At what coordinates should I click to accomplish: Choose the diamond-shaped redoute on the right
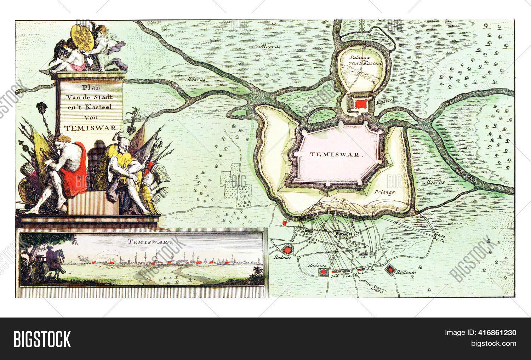(390, 270)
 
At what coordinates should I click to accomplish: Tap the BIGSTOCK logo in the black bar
(42, 339)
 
